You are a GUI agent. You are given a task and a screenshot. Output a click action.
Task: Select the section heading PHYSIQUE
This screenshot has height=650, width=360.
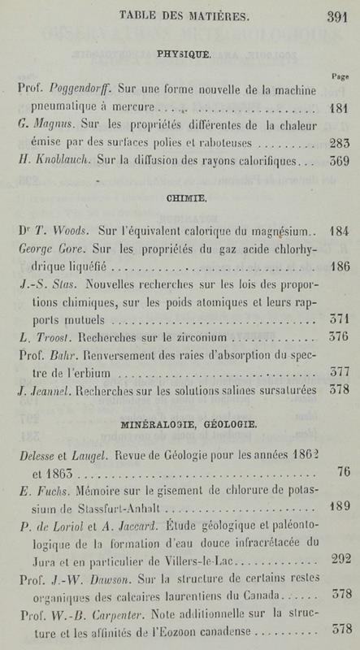coord(180,54)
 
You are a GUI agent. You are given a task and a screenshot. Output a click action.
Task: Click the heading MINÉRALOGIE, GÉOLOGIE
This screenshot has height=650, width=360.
coord(180,423)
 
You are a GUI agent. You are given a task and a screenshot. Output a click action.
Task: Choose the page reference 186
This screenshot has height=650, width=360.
coord(336,264)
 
